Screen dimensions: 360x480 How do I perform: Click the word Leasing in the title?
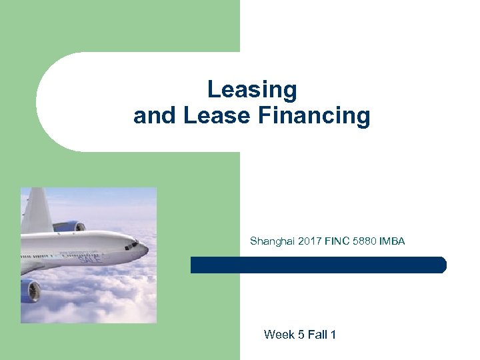251,90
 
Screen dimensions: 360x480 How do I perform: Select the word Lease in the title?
211,116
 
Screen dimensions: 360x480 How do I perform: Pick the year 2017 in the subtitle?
309,241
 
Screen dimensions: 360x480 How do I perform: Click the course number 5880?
365,241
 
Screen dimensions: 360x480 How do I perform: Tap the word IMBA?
392,241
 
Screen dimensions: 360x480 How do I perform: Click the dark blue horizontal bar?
318,265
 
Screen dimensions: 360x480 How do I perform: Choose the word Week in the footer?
279,335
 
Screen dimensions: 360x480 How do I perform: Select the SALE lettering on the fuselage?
90,257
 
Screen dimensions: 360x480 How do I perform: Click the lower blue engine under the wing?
30,290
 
